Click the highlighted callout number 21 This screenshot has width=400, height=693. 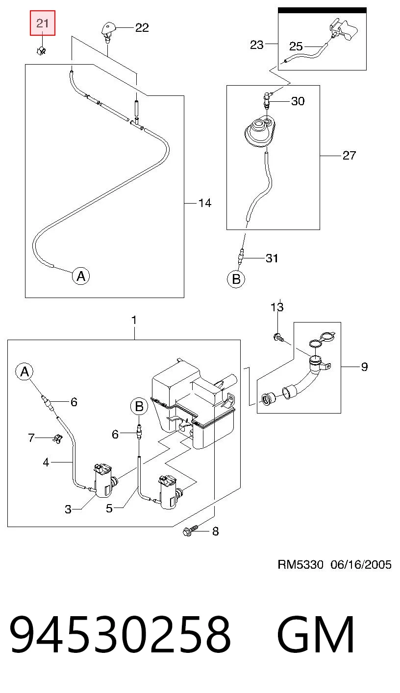(x=43, y=23)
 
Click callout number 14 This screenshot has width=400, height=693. (x=205, y=203)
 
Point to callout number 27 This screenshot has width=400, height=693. (x=349, y=155)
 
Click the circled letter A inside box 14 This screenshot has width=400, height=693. (x=81, y=276)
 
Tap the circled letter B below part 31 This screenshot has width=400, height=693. (x=236, y=279)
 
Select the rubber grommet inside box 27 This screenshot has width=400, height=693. (x=259, y=132)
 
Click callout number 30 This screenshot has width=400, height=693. (x=298, y=101)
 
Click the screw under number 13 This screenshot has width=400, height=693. (x=279, y=338)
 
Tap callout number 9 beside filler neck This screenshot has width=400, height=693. (x=364, y=367)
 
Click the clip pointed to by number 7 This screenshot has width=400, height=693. (x=57, y=439)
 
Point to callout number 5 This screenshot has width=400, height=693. (x=109, y=508)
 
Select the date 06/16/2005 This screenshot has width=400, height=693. (x=361, y=565)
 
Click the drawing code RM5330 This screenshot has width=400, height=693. (x=300, y=565)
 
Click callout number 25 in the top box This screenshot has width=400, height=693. (x=296, y=46)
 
